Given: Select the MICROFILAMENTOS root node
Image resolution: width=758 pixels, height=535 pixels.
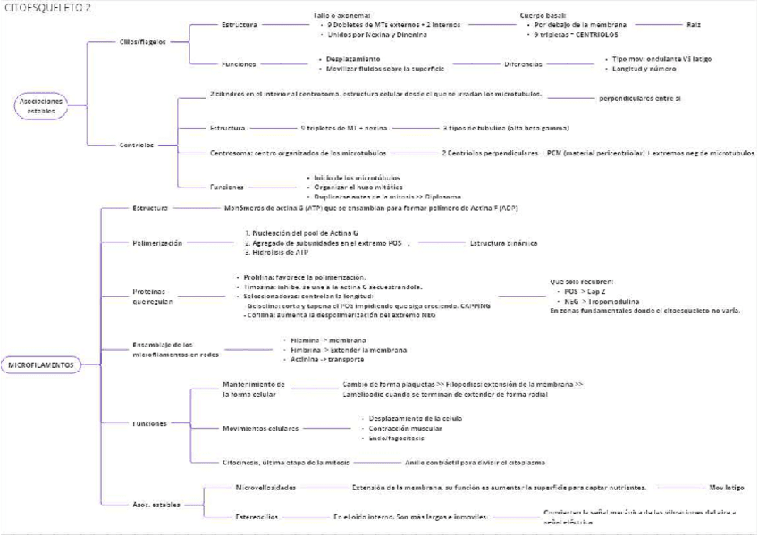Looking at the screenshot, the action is (42, 365).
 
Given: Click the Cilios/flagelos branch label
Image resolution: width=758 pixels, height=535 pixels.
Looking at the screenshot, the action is (142, 42).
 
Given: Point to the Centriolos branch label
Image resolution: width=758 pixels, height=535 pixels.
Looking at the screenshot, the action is (137, 144).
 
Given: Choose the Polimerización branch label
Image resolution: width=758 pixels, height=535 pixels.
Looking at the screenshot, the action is (157, 242).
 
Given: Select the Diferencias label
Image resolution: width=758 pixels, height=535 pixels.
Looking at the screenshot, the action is (522, 63).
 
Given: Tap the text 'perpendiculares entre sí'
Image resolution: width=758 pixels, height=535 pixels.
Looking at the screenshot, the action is (639, 97).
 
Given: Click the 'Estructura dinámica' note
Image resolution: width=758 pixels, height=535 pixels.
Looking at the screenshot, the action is (503, 242).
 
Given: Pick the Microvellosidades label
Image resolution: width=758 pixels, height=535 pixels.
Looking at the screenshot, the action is (265, 487).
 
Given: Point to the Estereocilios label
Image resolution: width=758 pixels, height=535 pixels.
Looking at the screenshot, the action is (256, 516).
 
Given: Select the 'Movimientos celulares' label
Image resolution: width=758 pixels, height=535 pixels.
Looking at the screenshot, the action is (260, 428).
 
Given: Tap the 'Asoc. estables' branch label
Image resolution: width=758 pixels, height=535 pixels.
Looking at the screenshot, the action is (156, 504).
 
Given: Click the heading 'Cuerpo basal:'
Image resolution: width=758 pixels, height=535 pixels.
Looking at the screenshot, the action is (544, 15).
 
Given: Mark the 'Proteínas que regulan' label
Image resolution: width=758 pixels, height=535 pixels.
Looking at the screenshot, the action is (149, 297).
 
